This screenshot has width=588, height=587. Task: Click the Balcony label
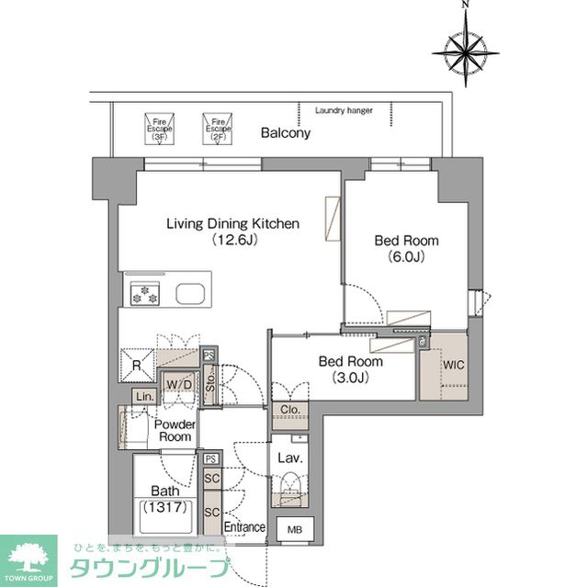(x=285, y=133)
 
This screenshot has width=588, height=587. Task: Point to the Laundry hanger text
(x=344, y=110)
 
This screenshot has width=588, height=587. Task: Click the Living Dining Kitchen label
(x=232, y=223)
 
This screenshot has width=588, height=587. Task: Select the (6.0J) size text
(x=405, y=258)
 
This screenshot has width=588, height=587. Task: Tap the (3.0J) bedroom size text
(x=350, y=378)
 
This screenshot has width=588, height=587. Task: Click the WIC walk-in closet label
(x=454, y=365)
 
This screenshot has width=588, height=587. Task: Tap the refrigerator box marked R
(x=136, y=364)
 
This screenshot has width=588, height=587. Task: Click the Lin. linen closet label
(x=144, y=396)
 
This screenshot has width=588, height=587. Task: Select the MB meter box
(x=296, y=529)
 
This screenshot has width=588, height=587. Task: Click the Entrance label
(x=245, y=528)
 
